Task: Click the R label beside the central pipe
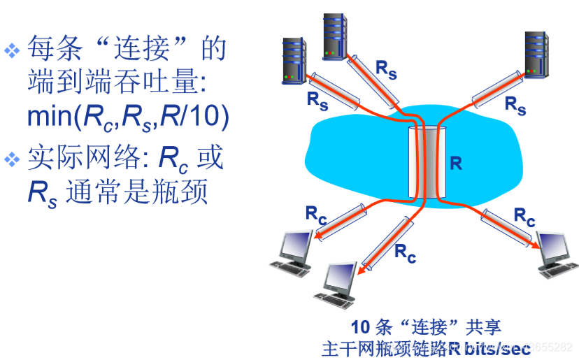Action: point(456,164)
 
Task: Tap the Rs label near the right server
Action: point(515,106)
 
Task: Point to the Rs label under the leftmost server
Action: point(317,100)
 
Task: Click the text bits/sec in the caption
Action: point(496,346)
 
